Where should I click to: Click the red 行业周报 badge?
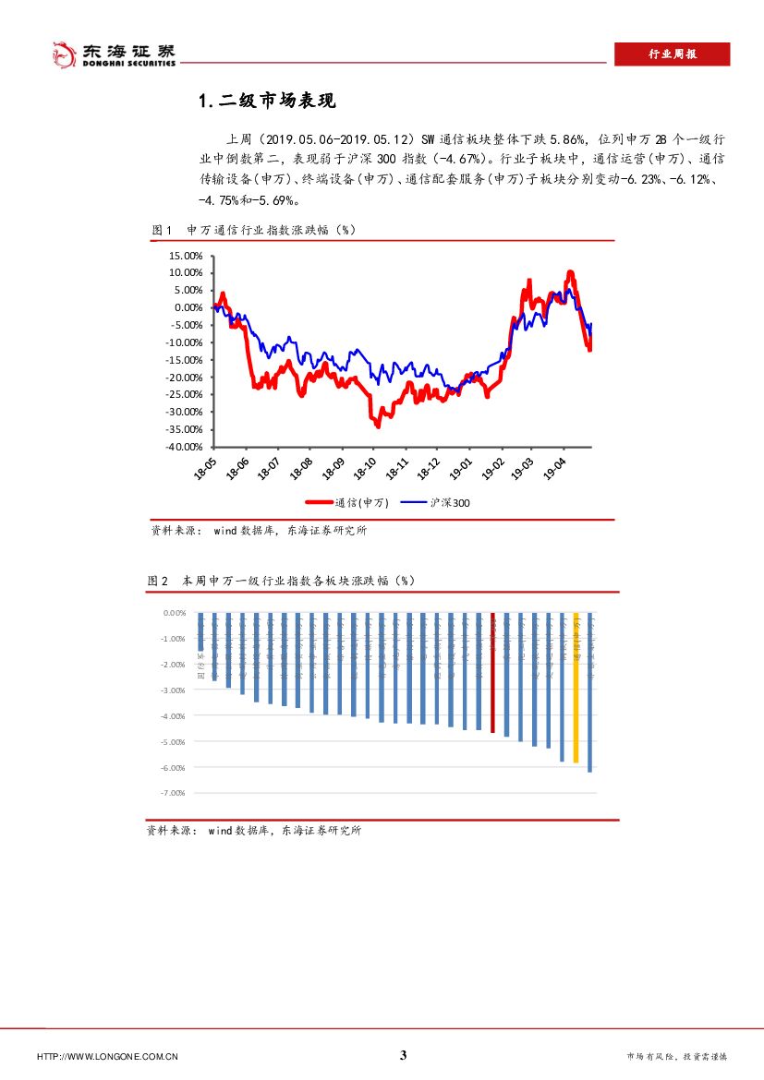tap(672, 54)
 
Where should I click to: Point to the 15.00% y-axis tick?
tap(186, 256)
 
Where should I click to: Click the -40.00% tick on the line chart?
tap(184, 447)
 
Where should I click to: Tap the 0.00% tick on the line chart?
tap(188, 307)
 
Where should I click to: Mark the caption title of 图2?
tap(281, 581)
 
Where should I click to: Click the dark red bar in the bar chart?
tap(492, 673)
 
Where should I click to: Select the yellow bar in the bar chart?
tap(576, 688)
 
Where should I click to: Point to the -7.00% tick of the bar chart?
tap(174, 793)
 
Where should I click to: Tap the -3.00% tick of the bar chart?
tap(174, 690)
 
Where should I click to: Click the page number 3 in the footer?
tap(403, 1056)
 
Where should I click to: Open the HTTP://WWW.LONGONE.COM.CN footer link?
tap(107, 1057)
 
